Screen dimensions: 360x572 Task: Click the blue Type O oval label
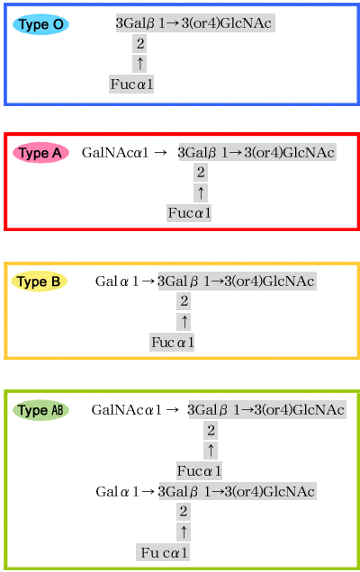[40, 24]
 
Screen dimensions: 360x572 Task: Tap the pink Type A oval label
[40, 153]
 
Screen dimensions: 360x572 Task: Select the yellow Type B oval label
[39, 282]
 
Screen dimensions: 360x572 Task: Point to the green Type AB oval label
[40, 410]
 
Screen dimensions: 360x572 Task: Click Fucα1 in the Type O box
[131, 85]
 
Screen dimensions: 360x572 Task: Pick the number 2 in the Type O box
[140, 44]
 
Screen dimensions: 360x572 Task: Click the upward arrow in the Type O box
[139, 63]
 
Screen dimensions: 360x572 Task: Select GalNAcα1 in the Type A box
[115, 153]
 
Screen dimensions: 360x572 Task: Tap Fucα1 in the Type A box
[189, 212]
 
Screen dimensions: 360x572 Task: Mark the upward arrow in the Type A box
[201, 192]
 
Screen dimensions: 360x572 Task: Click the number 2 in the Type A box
[201, 172]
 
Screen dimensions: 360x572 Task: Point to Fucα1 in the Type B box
[172, 342]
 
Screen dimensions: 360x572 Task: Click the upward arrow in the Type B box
[184, 322]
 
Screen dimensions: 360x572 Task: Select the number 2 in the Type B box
[184, 301]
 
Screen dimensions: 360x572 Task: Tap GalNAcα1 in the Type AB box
[126, 410]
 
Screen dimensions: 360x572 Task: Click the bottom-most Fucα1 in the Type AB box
[164, 553]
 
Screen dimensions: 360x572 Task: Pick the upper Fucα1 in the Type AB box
[199, 471]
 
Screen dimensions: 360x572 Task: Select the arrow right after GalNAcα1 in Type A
[160, 153]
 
